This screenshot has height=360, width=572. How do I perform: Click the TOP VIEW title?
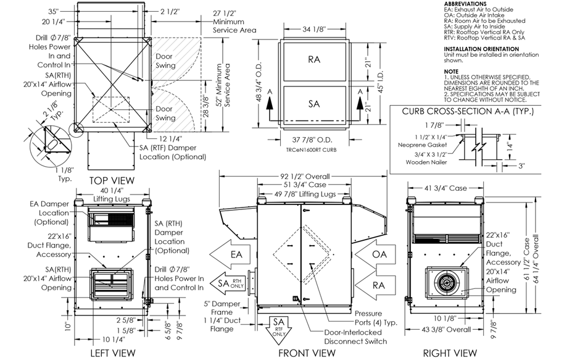[112, 180]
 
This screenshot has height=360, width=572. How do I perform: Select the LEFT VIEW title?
[112, 353]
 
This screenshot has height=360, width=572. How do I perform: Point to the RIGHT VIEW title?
[449, 353]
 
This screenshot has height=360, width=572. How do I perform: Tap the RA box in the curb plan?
[314, 60]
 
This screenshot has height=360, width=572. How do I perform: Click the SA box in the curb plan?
[314, 104]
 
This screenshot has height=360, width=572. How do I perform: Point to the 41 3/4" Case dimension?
[448, 188]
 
